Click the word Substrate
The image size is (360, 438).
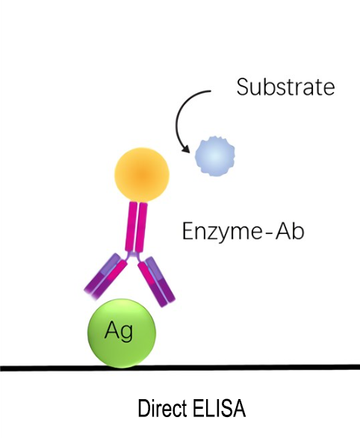pos(285,87)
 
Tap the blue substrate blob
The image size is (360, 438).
pos(214,156)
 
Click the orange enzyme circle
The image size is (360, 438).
pos(142,175)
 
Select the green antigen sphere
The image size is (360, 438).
pos(122,333)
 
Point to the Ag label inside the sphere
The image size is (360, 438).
pos(119,332)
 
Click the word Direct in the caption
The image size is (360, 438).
pos(162,408)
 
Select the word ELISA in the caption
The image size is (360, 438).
pos(220,408)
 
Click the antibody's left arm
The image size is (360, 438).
pos(106,276)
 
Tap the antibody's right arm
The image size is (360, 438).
pos(156,281)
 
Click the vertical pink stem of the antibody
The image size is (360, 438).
pos(137,227)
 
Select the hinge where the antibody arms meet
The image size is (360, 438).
pos(134,256)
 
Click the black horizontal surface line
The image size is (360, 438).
pos(180,367)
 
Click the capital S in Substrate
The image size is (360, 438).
pos(243,87)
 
